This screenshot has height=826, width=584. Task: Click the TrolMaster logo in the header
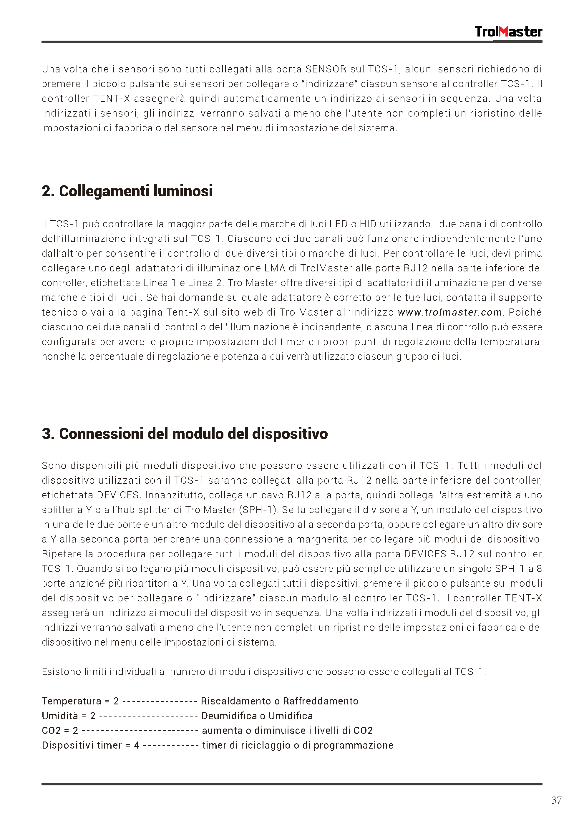(x=508, y=32)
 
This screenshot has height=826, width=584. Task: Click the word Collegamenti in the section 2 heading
(x=104, y=191)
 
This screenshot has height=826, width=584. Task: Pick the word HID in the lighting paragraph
(x=368, y=224)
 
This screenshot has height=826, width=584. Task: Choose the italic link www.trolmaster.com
(x=450, y=312)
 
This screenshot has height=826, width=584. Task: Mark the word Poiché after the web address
(x=525, y=312)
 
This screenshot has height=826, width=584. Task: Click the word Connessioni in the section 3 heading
(x=102, y=434)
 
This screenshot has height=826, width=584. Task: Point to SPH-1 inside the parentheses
(x=260, y=510)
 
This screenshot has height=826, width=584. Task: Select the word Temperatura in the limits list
(x=71, y=701)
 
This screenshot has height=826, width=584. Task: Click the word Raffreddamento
(x=321, y=701)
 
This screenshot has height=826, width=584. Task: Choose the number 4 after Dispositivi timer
(x=137, y=745)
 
